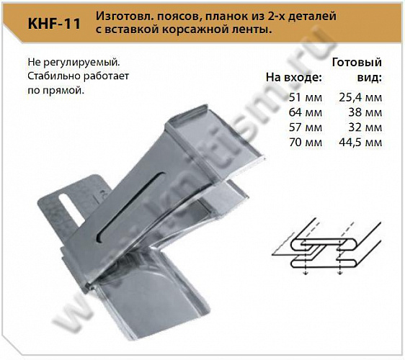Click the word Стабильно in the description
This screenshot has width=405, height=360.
(50, 78)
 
